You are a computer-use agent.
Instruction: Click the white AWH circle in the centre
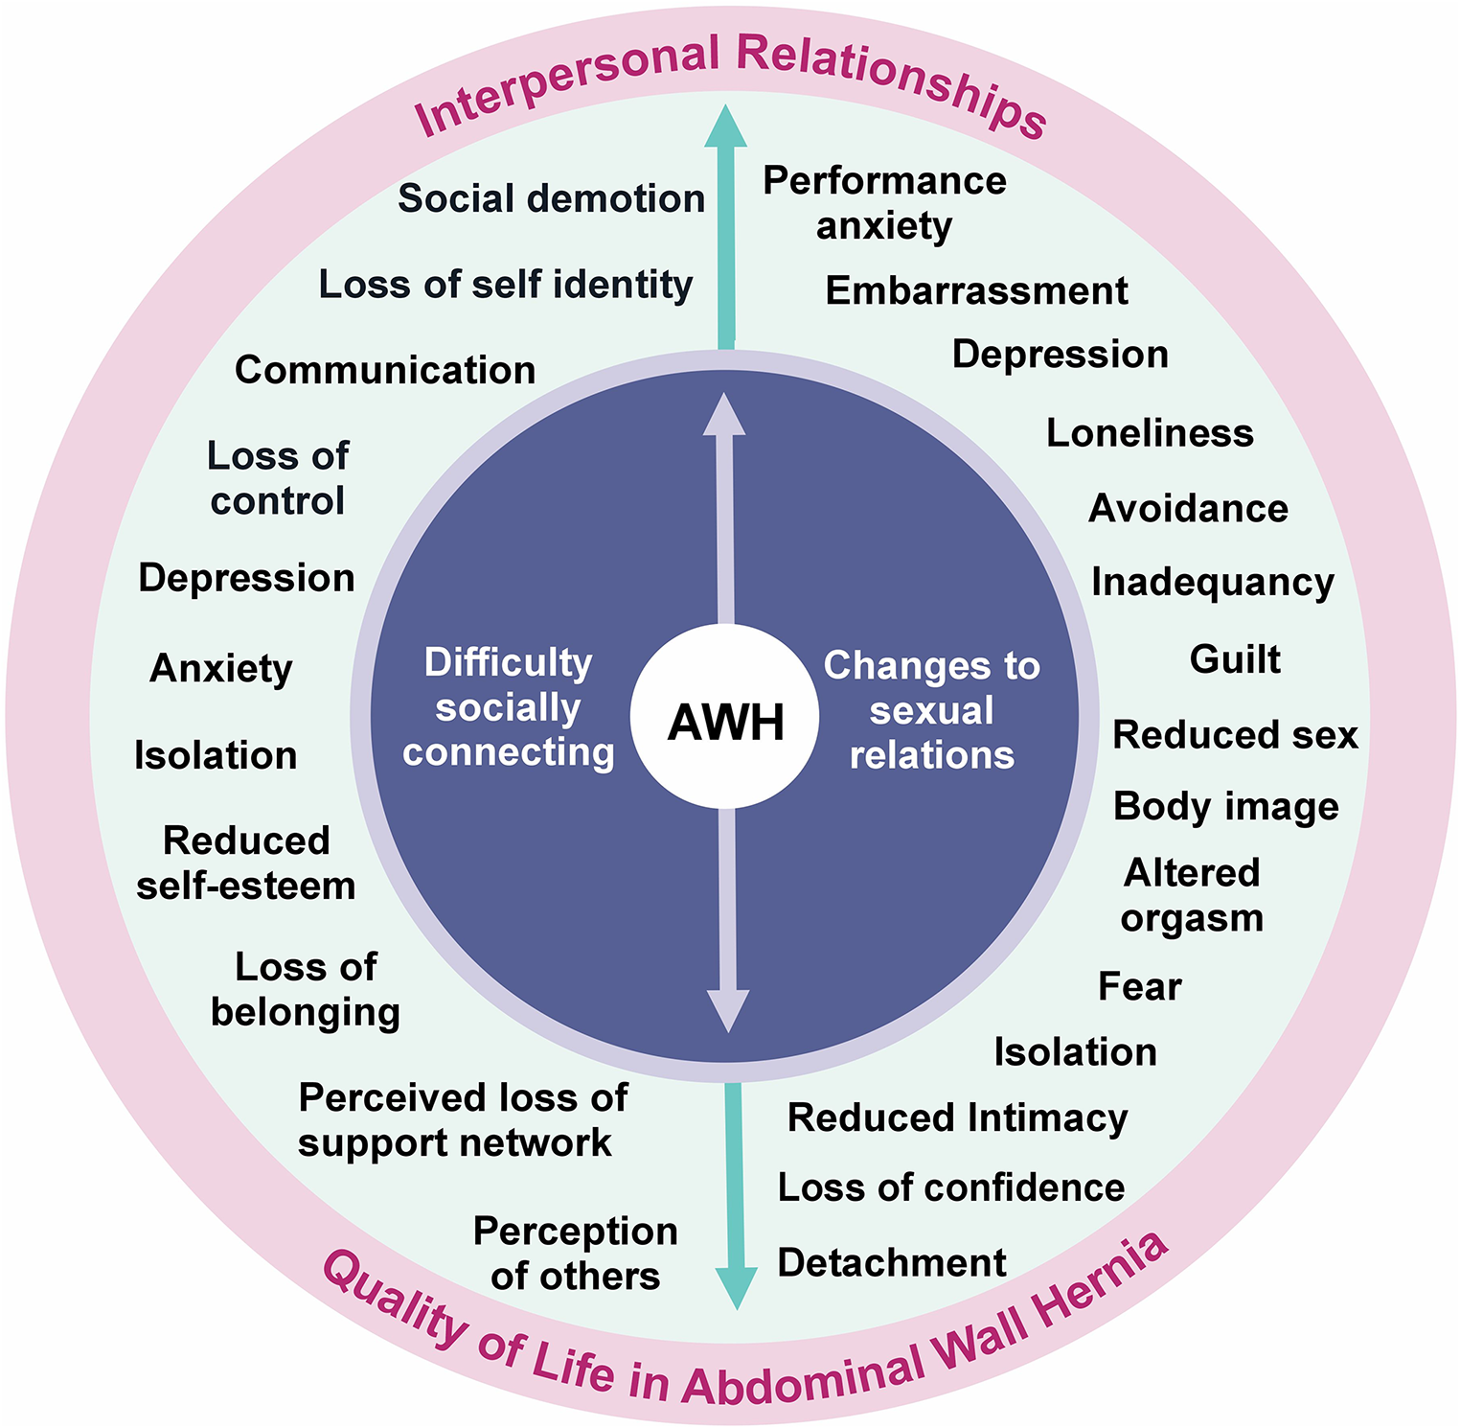[x=724, y=719]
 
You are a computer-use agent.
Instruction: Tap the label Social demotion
[x=551, y=198]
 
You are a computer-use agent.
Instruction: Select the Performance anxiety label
[x=884, y=203]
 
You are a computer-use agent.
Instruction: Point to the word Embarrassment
[x=976, y=290]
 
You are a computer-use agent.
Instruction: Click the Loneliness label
[x=1150, y=433]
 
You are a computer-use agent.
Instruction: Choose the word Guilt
[x=1235, y=659]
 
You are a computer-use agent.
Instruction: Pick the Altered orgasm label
[x=1192, y=895]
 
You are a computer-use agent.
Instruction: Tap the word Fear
[x=1139, y=986]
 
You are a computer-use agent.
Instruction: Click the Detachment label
[x=891, y=1262]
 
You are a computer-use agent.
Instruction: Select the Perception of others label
[x=575, y=1254]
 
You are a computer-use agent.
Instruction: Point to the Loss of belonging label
[x=306, y=989]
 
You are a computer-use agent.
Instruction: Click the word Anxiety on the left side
[x=220, y=668]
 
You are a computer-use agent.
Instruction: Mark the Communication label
[x=384, y=370]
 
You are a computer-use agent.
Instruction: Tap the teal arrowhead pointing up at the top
[x=726, y=127]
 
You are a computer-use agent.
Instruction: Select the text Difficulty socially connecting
[x=508, y=707]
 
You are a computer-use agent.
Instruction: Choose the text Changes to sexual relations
[x=931, y=710]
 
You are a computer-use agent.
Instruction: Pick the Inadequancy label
[x=1212, y=582]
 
